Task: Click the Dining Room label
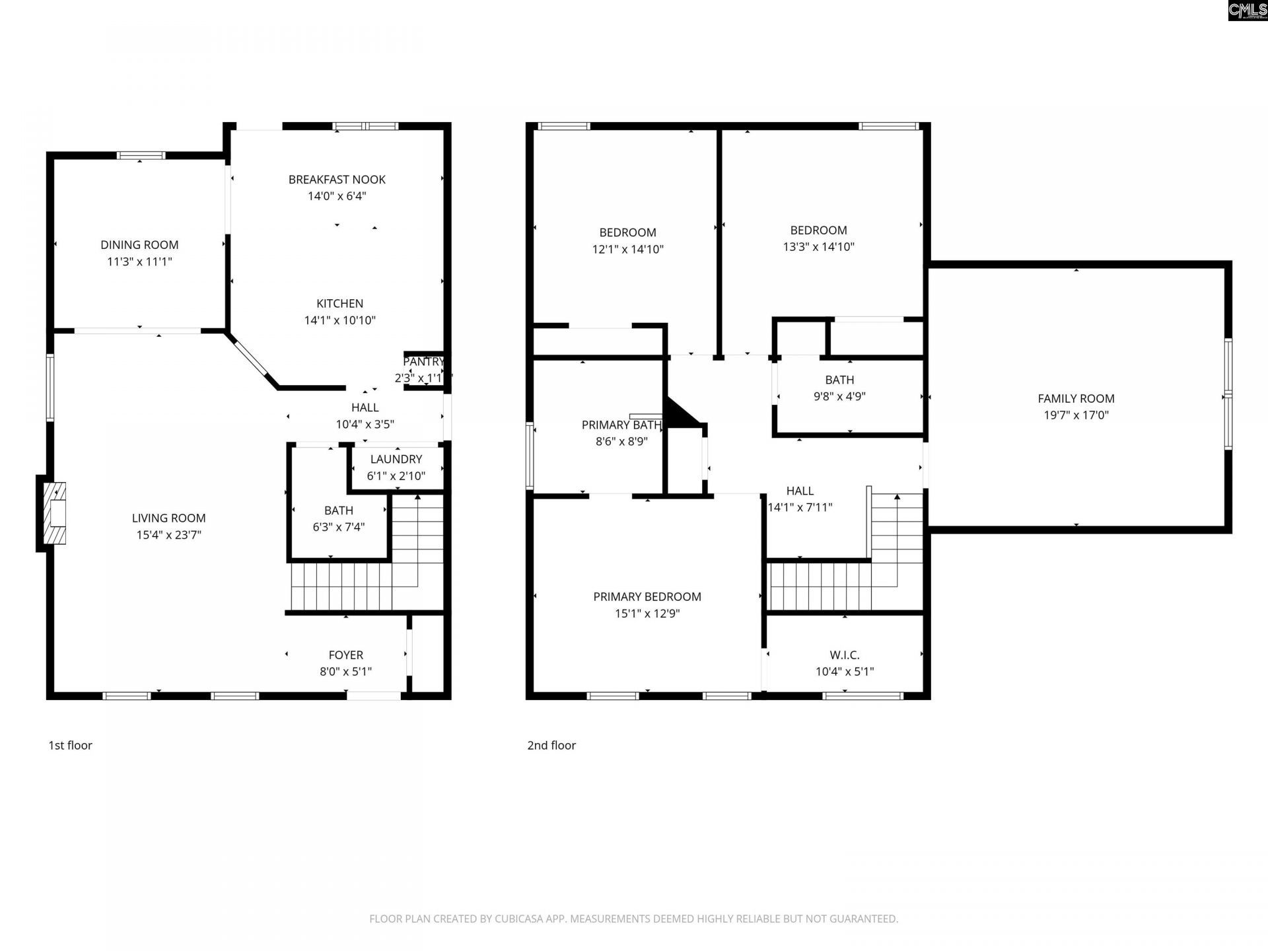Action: coord(139,245)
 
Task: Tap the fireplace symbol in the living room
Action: coord(54,512)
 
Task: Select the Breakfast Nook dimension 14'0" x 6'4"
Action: coord(337,196)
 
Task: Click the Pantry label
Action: coord(423,362)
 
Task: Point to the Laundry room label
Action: coord(396,460)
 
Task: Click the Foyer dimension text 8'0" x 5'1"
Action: coord(345,672)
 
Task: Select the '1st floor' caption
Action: coord(70,746)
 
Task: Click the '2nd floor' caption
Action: coord(551,746)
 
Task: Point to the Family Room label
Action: coord(1076,399)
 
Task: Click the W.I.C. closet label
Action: coord(845,655)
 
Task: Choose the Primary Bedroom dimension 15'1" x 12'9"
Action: coord(647,614)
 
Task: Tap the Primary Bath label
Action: coord(621,425)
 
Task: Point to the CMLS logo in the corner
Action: coord(1248,11)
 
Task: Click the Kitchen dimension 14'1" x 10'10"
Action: coord(339,320)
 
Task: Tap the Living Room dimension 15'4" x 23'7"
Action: coord(168,535)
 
